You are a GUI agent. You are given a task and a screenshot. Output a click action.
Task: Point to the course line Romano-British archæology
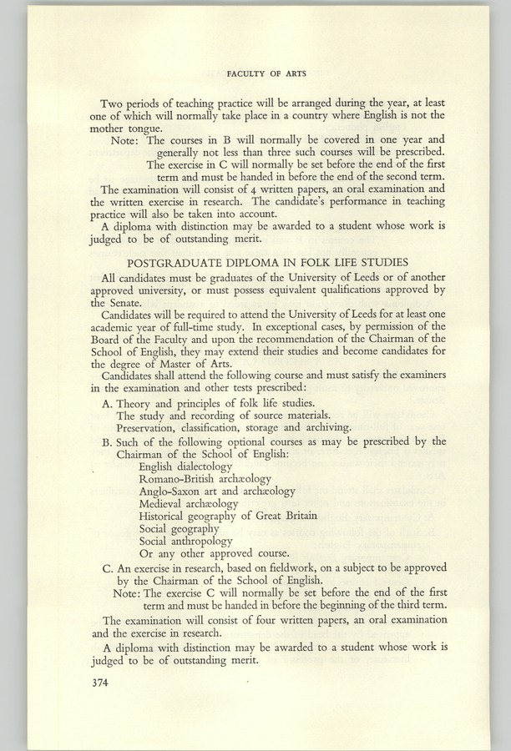(205, 480)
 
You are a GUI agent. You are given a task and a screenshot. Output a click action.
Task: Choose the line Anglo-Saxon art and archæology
(217, 492)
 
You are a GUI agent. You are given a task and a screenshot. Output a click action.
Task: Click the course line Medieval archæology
(189, 504)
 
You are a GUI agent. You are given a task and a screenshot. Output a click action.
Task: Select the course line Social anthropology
(186, 541)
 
